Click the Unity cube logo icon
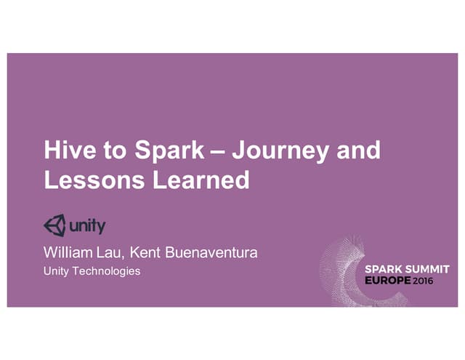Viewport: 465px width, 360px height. pos(54,225)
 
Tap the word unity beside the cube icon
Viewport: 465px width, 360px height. pos(87,226)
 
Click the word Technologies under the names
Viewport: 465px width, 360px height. pos(111,271)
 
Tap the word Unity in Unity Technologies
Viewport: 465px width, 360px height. pos(62,271)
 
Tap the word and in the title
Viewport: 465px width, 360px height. pos(359,151)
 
